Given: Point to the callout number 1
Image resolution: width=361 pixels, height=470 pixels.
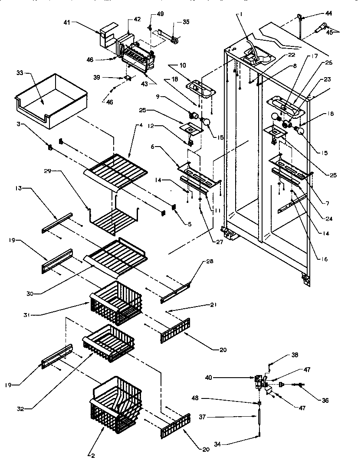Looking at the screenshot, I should (241, 14).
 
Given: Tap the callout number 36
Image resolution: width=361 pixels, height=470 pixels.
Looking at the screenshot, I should (325, 401).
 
